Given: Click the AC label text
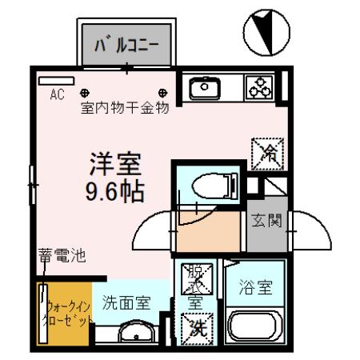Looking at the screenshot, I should click(57, 94).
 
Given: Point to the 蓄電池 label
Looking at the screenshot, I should click(62, 257).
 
